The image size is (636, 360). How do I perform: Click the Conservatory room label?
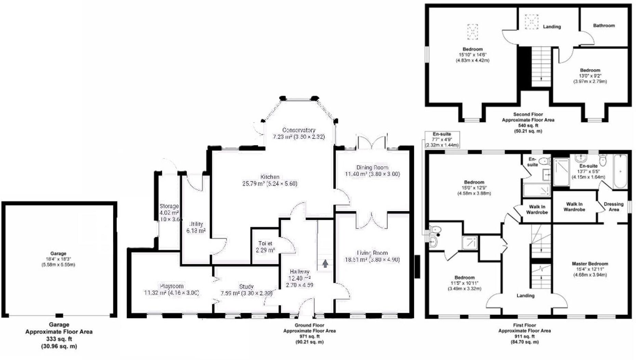pyautogui.click(x=299, y=130)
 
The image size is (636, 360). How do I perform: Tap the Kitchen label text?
pyautogui.click(x=270, y=177)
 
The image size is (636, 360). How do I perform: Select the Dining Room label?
pyautogui.click(x=372, y=168)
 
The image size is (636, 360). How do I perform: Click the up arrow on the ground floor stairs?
pyautogui.click(x=325, y=264)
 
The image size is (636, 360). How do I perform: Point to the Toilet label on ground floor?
pyautogui.click(x=265, y=243)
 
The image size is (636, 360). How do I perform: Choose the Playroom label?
pyautogui.click(x=171, y=286)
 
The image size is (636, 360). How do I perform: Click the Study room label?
pyautogui.click(x=246, y=287)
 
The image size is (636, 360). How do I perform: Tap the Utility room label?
pyautogui.click(x=196, y=224)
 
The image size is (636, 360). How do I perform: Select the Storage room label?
pyautogui.click(x=169, y=206)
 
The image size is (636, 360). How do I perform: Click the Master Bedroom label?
pyautogui.click(x=590, y=264)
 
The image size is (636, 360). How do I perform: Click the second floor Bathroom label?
pyautogui.click(x=604, y=26)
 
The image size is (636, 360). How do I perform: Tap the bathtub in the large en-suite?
pyautogui.click(x=621, y=171)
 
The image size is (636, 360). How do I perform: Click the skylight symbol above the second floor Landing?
pyautogui.click(x=531, y=22)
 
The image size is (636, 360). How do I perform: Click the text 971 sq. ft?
pyautogui.click(x=309, y=336)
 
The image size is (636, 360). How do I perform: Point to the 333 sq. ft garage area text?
pyautogui.click(x=59, y=339)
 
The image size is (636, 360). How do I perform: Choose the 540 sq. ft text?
pyautogui.click(x=528, y=125)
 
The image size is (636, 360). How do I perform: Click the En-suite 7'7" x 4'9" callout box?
pyautogui.click(x=442, y=139)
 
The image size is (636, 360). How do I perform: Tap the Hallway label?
pyautogui.click(x=299, y=271)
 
